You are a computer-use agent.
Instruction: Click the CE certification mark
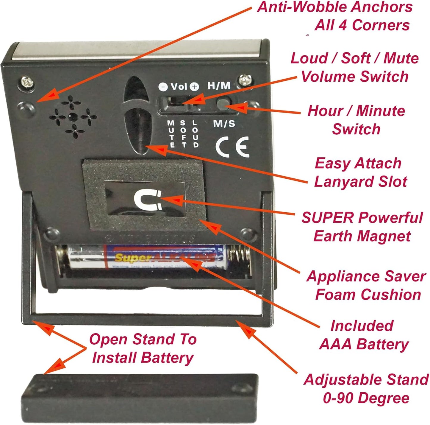pyautogui.click(x=232, y=147)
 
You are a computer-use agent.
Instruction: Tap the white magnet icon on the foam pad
pyautogui.click(x=147, y=200)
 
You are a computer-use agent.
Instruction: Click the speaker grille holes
pyautogui.click(x=73, y=117)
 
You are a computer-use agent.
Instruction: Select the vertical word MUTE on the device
pyautogui.click(x=171, y=134)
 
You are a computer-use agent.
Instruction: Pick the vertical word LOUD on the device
pyautogui.click(x=195, y=134)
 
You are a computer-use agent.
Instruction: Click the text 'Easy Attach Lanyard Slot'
pyautogui.click(x=360, y=173)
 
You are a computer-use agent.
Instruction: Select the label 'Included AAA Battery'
pyautogui.click(x=363, y=335)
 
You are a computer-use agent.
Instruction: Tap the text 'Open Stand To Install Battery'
pyautogui.click(x=143, y=348)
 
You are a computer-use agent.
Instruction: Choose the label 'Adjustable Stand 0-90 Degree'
pyautogui.click(x=366, y=389)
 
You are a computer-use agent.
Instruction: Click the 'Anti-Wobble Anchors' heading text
pyautogui.click(x=335, y=7)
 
